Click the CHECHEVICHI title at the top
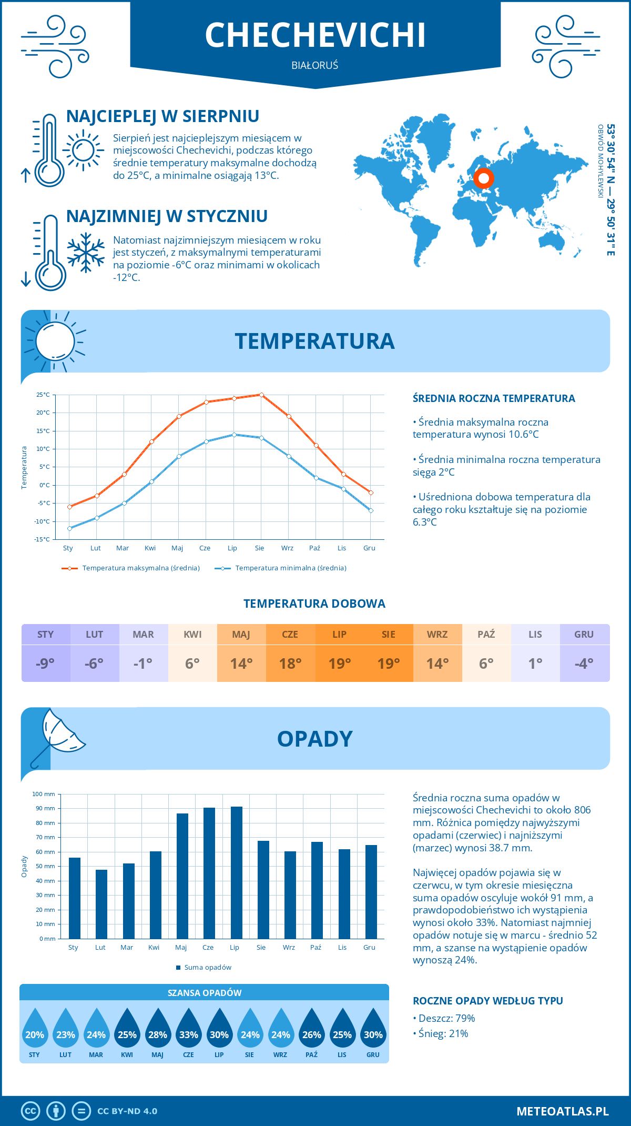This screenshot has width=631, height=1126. click(315, 35)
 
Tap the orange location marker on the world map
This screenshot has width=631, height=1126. click(483, 178)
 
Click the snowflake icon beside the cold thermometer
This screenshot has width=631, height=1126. click(86, 253)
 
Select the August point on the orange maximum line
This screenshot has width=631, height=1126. click(261, 395)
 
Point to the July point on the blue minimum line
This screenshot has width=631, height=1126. click(234, 435)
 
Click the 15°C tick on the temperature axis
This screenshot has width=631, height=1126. click(43, 431)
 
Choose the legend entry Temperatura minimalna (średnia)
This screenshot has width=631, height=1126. click(290, 568)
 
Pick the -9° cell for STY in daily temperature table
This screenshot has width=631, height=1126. click(45, 663)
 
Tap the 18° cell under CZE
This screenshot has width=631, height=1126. click(290, 663)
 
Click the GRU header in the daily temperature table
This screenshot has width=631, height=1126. click(584, 635)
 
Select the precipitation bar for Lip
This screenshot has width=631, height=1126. click(236, 872)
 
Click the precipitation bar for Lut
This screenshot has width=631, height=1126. click(101, 904)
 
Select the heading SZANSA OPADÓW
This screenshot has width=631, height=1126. click(205, 993)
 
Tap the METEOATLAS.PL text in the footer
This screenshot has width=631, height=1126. click(562, 1111)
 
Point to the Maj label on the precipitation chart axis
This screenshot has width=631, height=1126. click(181, 948)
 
